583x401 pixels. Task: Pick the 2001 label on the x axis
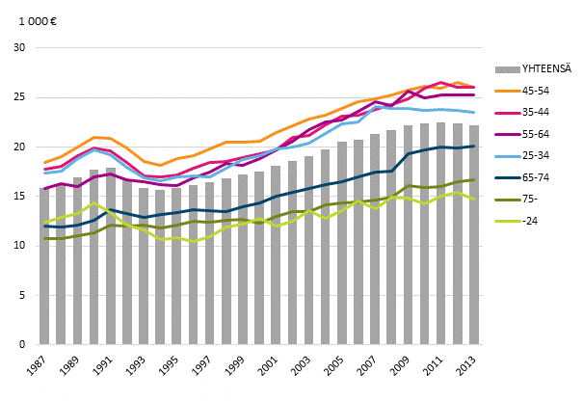(274, 368)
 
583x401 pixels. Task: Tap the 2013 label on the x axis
(470, 368)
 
